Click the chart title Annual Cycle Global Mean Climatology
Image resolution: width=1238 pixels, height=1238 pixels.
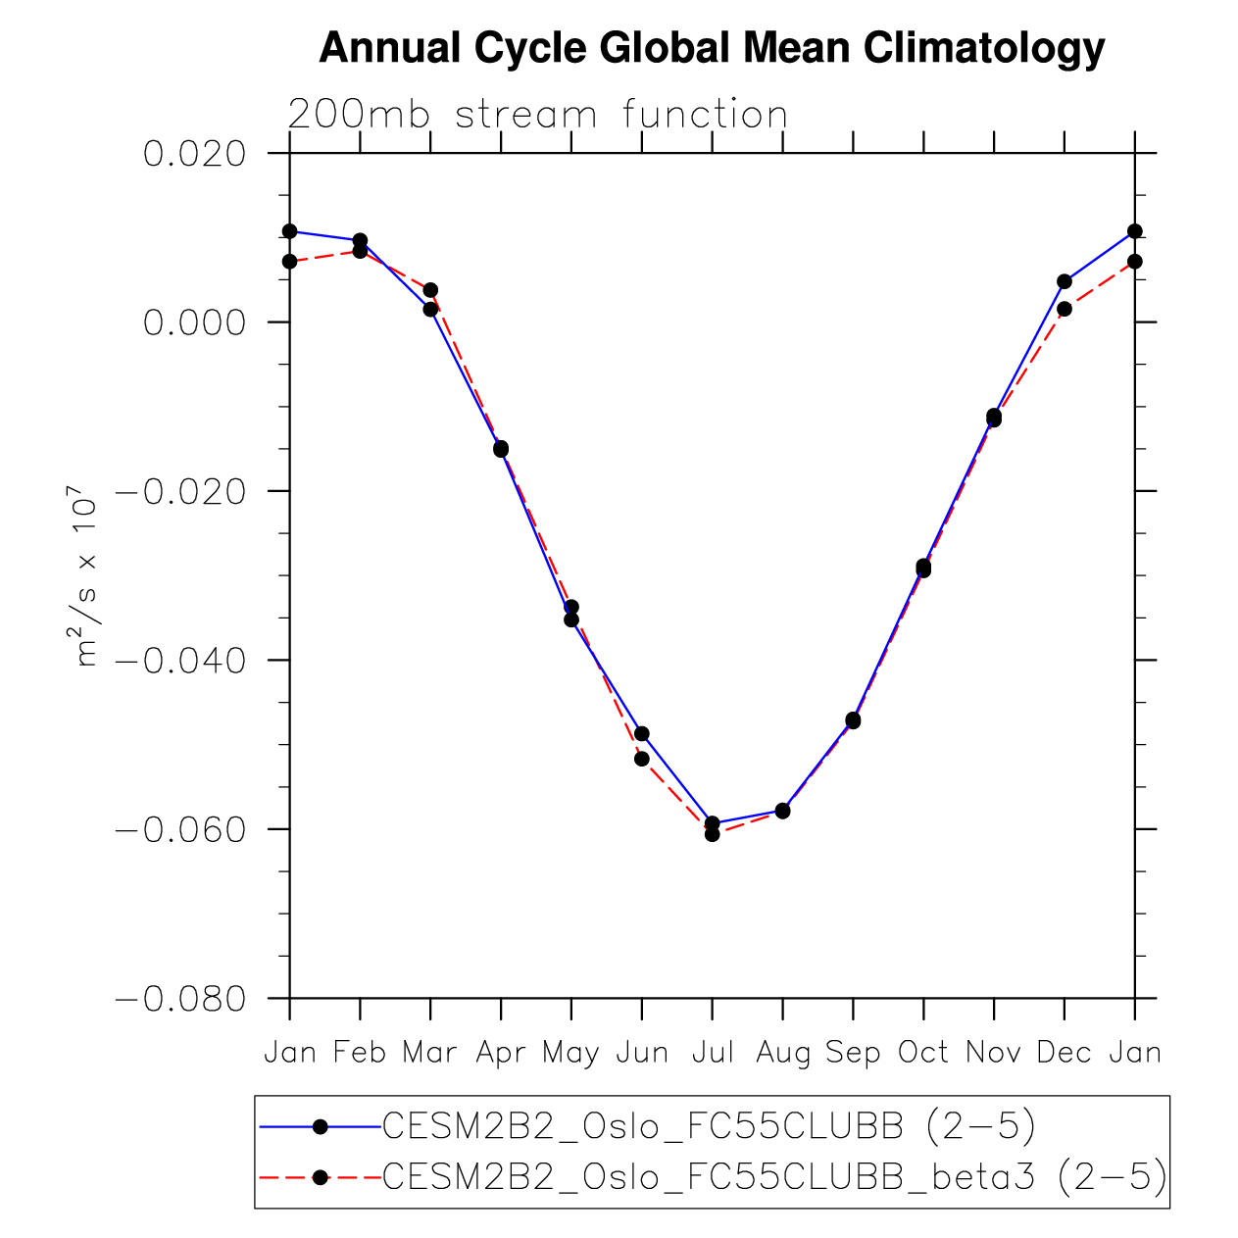pos(712,48)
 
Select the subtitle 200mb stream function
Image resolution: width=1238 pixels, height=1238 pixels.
pos(538,115)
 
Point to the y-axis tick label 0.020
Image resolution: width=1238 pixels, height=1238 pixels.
pos(193,154)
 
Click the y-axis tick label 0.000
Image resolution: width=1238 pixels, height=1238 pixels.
pos(193,322)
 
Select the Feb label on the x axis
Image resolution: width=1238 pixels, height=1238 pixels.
pos(360,1053)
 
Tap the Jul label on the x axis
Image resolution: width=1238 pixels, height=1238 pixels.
pos(713,1053)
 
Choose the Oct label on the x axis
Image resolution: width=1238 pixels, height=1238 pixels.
pos(923,1053)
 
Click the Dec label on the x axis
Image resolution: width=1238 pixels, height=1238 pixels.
pos(1065,1053)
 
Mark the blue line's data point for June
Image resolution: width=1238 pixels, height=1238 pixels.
pos(642,734)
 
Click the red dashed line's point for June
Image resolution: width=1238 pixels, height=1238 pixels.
pos(642,759)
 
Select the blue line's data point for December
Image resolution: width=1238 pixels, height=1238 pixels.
pos(1065,281)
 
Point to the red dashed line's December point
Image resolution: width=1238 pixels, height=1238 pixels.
pos(1065,309)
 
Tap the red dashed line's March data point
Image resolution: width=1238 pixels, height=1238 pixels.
pos(430,290)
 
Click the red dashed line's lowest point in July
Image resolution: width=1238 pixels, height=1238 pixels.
pos(713,834)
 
